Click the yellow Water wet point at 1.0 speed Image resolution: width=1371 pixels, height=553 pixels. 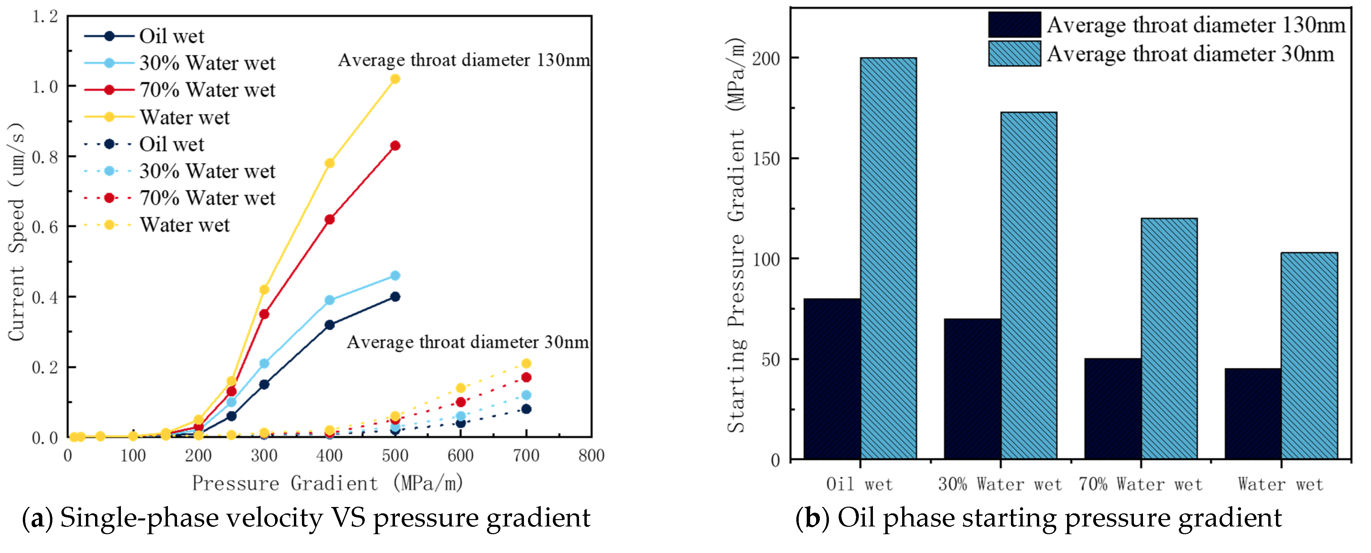click(x=395, y=79)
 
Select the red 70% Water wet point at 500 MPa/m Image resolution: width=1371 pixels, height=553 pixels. click(x=395, y=146)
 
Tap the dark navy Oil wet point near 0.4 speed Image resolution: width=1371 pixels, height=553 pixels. click(x=395, y=296)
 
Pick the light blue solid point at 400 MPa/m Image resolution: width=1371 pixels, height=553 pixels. click(x=329, y=300)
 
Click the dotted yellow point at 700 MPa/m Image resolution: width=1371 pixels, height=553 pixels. click(x=526, y=364)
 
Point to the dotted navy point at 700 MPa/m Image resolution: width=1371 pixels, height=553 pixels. click(x=526, y=409)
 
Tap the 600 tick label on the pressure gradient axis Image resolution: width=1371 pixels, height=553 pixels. click(x=460, y=456)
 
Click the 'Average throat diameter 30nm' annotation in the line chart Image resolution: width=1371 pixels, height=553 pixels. click(x=467, y=342)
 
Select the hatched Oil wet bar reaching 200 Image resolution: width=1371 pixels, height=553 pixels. click(x=888, y=258)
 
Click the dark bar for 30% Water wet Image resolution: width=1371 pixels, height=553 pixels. click(x=972, y=388)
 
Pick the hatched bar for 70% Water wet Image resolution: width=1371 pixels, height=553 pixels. click(x=1169, y=338)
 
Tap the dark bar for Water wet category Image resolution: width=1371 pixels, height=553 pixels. click(x=1252, y=414)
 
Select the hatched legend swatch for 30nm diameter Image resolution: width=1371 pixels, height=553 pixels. click(x=1014, y=54)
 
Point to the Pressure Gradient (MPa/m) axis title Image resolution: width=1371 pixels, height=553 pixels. click(x=327, y=483)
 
